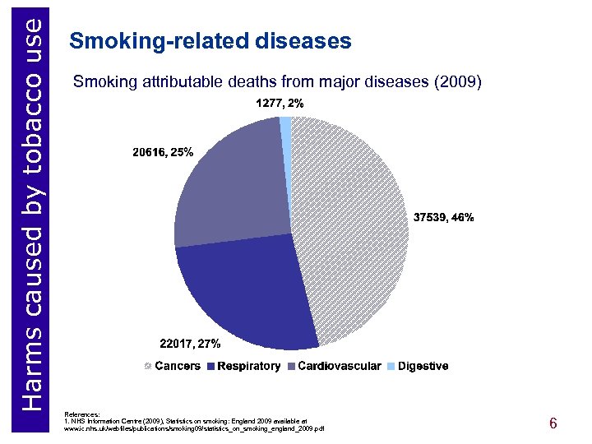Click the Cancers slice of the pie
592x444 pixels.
[x=354, y=230]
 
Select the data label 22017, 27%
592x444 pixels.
[x=188, y=342]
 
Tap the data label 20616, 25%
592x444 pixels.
[x=163, y=152]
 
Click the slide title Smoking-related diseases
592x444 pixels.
[x=211, y=41]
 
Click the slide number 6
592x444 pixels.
[x=553, y=423]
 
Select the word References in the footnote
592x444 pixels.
[x=83, y=414]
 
